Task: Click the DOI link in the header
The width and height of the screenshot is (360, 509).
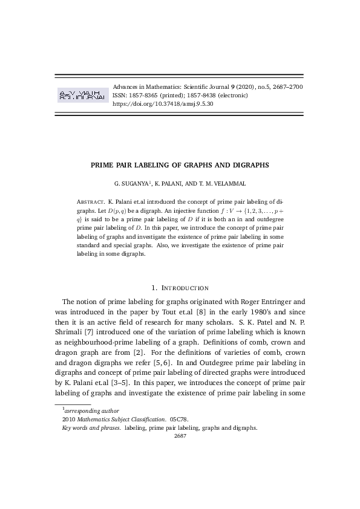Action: tap(163, 104)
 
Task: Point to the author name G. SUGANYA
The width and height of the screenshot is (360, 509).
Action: tap(130, 183)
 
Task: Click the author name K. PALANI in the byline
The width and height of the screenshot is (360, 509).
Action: tap(170, 183)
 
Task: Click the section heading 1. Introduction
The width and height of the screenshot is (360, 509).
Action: tap(180, 288)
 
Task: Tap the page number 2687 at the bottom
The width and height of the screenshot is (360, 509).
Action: tap(180, 435)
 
